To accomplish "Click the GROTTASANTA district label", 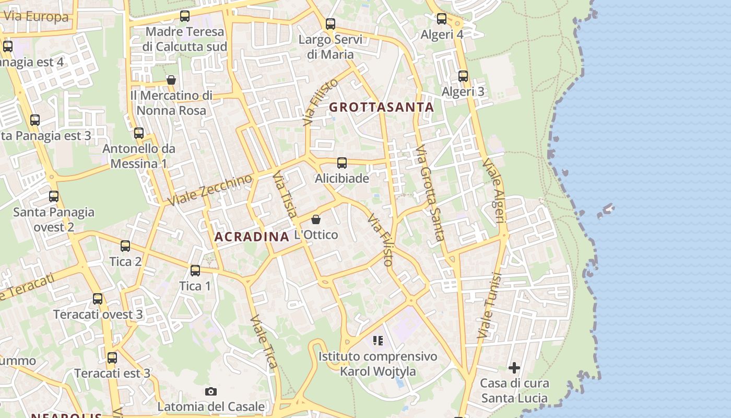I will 381,108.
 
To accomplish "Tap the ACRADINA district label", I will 252,237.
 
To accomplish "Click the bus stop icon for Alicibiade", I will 342,163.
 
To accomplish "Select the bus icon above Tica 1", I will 195,271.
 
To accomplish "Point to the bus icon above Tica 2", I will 125,246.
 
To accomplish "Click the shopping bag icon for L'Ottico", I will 316,219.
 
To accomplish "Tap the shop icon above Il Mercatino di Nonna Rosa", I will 171,80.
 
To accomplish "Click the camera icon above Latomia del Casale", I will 211,391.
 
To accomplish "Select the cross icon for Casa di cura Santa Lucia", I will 514,368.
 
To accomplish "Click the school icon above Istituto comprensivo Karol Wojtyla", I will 378,341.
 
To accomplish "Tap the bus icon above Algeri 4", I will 442,19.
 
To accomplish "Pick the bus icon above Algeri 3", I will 463,76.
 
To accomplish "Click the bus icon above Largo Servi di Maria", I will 331,24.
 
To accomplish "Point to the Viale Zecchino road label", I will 210,190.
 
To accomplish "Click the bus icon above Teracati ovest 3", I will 98,299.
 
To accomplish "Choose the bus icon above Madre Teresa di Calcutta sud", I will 185,16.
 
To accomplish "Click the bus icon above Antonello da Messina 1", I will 139,133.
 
